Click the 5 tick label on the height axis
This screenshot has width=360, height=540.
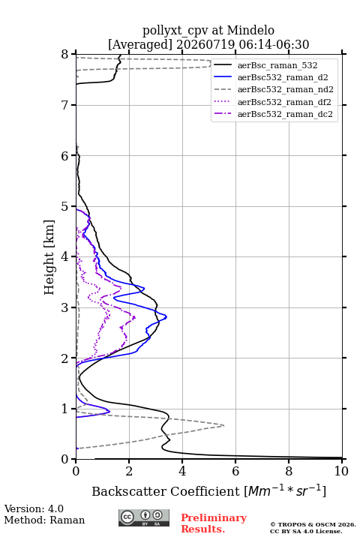(x=64, y=206)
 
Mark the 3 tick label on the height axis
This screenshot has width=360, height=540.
(x=64, y=307)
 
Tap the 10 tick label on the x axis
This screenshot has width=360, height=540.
(x=341, y=471)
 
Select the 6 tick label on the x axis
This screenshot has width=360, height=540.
(x=235, y=471)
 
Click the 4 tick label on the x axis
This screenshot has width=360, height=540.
(x=182, y=471)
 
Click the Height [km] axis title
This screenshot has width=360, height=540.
(x=49, y=257)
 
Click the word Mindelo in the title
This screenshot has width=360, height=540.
(x=250, y=30)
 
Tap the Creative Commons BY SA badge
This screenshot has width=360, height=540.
(x=144, y=518)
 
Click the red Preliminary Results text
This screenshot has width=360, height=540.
(x=214, y=523)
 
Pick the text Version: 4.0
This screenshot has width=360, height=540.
(x=34, y=508)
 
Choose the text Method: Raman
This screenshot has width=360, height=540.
(x=44, y=520)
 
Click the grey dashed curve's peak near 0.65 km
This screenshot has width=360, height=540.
(x=224, y=426)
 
